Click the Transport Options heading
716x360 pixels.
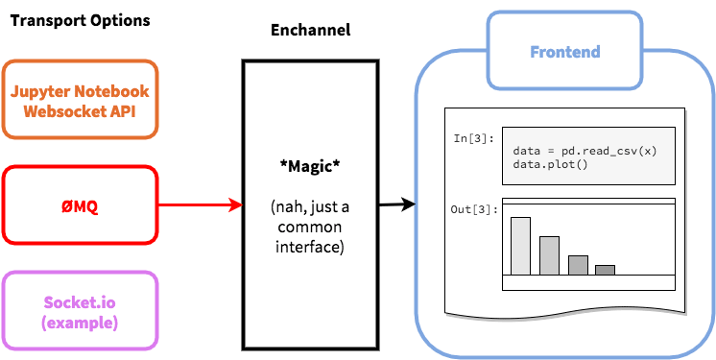click(x=80, y=20)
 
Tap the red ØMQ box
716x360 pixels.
click(x=80, y=204)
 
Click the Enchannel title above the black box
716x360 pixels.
click(x=310, y=30)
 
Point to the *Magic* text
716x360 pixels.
click(x=310, y=166)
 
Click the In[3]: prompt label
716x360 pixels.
click(x=474, y=139)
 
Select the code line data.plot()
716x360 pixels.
click(x=543, y=165)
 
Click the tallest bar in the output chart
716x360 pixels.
click(x=520, y=246)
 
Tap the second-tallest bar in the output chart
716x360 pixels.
click(x=549, y=255)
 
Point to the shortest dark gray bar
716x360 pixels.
click(x=605, y=270)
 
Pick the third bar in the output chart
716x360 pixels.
click(x=578, y=265)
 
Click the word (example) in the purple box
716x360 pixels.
click(x=80, y=322)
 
